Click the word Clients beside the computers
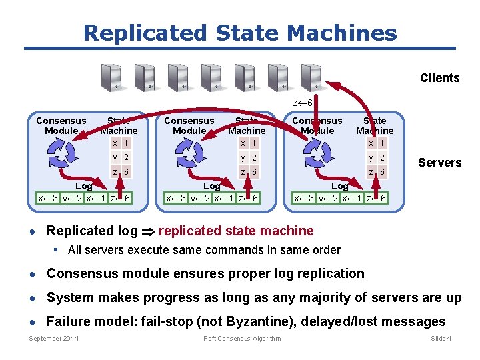[439, 78]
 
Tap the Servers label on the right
[439, 163]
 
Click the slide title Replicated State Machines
[240, 33]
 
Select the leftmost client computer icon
[111, 78]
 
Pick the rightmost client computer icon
[311, 78]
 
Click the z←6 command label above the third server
[303, 103]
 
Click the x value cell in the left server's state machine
[126, 143]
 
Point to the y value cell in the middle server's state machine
[254, 158]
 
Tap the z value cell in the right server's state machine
[382, 172]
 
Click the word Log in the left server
[84, 186]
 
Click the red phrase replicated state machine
[236, 231]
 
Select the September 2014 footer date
[53, 339]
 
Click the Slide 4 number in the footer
[441, 339]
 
